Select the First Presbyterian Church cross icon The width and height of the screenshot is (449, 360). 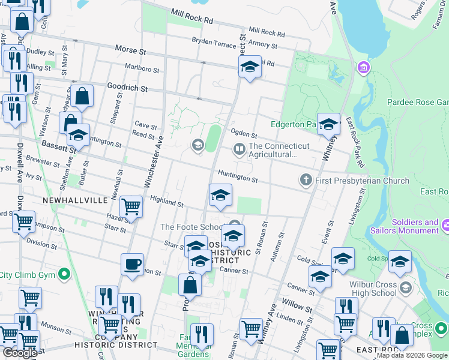[x=306, y=179]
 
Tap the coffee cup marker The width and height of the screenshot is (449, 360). [x=132, y=264]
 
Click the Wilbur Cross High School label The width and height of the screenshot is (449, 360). [x=367, y=289]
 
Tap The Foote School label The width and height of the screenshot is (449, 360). [x=192, y=227]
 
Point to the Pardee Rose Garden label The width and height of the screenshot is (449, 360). [x=418, y=103]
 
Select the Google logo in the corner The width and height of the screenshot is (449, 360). [x=20, y=353]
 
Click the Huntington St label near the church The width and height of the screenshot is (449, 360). [x=237, y=176]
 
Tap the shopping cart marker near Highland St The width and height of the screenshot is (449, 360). [x=131, y=207]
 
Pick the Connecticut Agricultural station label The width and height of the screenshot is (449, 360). [x=279, y=150]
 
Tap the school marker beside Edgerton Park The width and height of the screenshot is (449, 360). [x=328, y=124]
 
